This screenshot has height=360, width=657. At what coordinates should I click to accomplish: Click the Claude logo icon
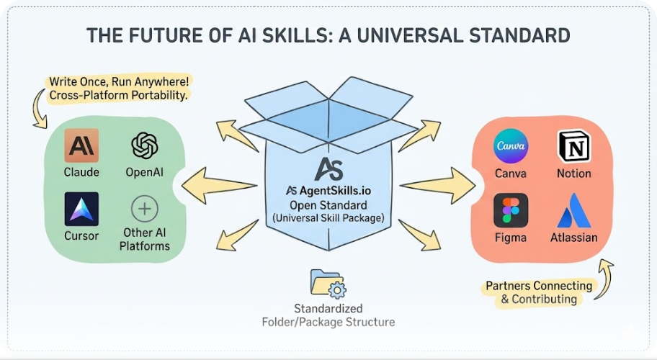[81, 145]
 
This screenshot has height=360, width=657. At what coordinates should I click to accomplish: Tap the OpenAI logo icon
[145, 145]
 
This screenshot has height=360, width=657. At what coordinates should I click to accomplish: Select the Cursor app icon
[81, 209]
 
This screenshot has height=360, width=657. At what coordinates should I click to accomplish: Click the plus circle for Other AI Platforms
[145, 210]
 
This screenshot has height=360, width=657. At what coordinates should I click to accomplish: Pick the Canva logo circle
[511, 146]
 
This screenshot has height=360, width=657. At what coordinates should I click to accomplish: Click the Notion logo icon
[574, 146]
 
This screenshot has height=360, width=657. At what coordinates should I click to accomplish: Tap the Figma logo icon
[511, 210]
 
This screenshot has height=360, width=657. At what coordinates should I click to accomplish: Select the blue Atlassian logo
[574, 210]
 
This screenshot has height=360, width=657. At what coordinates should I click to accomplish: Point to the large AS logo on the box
[328, 167]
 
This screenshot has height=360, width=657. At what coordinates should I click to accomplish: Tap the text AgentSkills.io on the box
[336, 191]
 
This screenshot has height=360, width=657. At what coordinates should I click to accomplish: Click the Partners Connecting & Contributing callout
[539, 292]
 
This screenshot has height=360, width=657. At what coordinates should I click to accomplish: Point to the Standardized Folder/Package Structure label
[328, 315]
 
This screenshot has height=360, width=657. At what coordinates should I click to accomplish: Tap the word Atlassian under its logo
[574, 238]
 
